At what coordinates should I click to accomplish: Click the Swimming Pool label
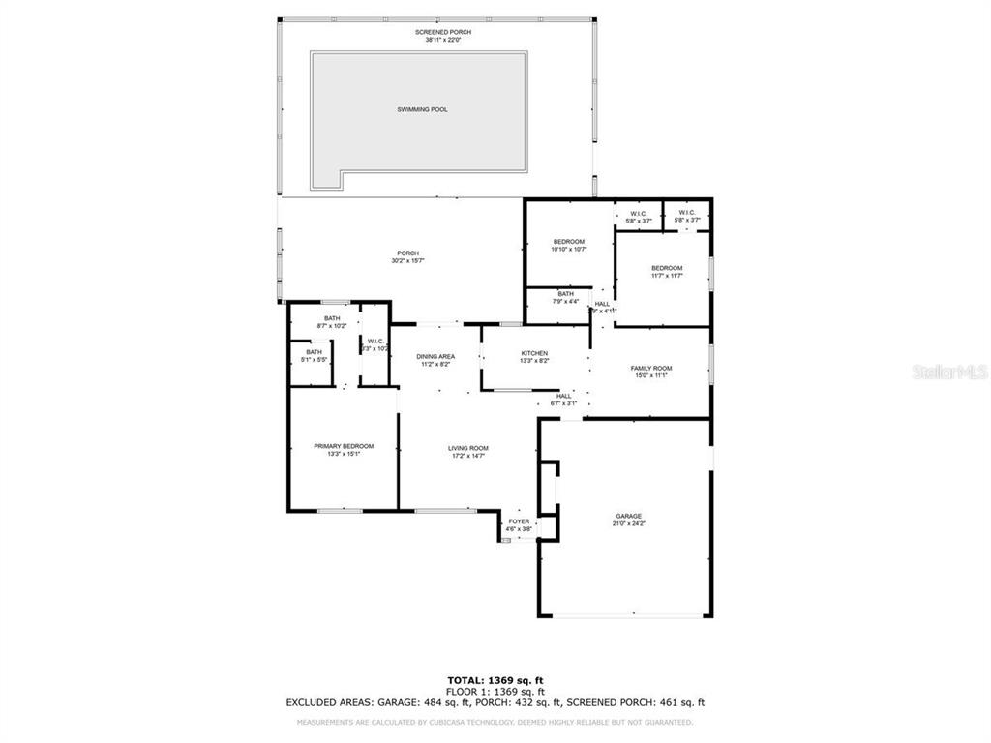[x=422, y=109]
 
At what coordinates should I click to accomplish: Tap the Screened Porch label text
[x=436, y=32]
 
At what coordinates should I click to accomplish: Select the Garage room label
[x=629, y=516]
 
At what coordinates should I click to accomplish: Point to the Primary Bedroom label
[x=344, y=446]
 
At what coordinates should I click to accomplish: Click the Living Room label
[x=467, y=448]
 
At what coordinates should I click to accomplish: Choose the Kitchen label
[x=534, y=353]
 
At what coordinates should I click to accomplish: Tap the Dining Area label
[x=436, y=356]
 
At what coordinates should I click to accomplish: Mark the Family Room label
[x=651, y=368]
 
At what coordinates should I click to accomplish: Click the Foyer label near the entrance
[x=520, y=521]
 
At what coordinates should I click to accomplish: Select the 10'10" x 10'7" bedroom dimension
[x=569, y=249]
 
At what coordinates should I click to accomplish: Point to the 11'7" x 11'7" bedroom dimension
[x=667, y=276]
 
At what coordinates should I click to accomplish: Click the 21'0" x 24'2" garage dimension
[x=629, y=523]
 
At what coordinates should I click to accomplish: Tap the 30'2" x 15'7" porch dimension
[x=408, y=260]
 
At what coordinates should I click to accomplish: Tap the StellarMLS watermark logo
[x=948, y=371]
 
